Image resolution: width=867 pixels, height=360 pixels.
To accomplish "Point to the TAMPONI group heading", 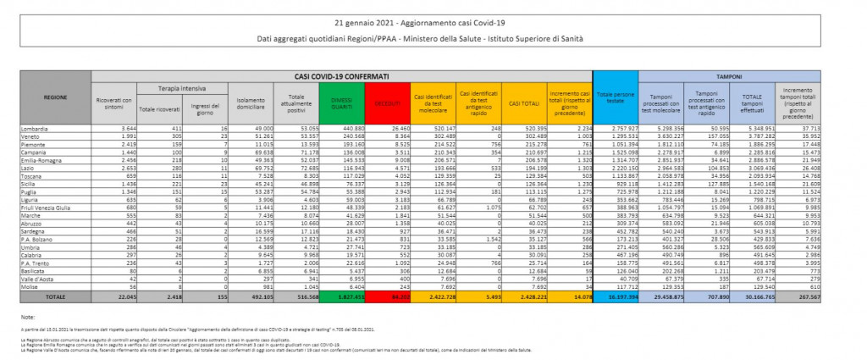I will pyautogui.click(x=730, y=76).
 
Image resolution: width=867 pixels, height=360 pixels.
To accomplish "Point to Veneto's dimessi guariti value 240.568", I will pyautogui.click(x=348, y=136).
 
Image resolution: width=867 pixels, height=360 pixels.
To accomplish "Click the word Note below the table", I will pyautogui.click(x=29, y=316).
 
